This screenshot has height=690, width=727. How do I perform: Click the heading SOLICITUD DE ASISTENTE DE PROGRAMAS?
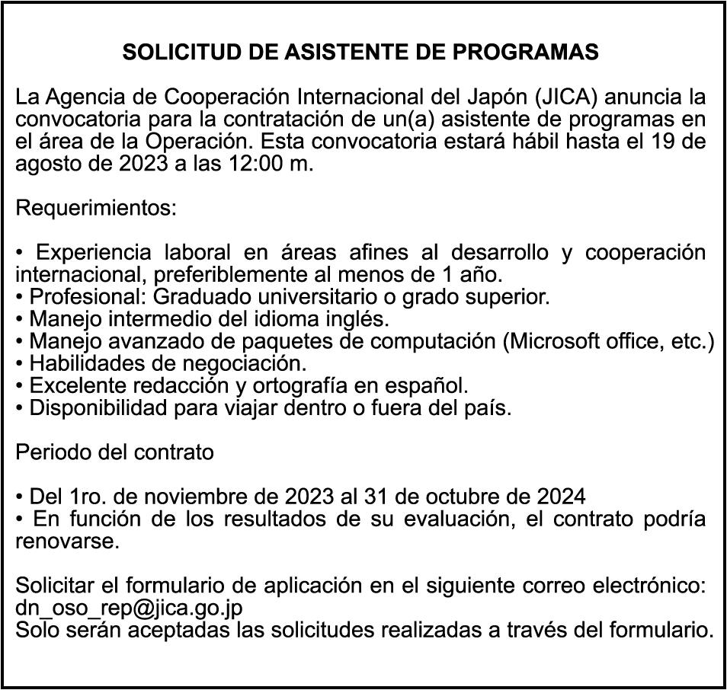(360, 53)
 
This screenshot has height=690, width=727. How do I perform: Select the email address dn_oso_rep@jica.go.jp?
(130, 609)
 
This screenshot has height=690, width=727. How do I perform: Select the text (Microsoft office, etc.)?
(608, 341)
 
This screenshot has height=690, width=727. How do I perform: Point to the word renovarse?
(68, 542)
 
